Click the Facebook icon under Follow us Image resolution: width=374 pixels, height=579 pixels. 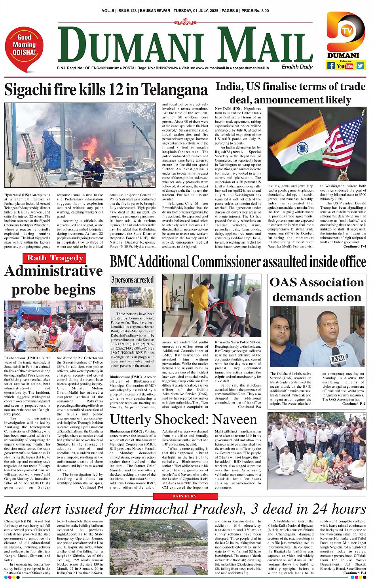click(x=331, y=66)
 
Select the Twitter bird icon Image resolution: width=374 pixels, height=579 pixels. click(x=360, y=66)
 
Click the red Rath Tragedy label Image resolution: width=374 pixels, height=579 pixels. click(x=55, y=258)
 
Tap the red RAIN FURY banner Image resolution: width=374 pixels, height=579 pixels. click(x=184, y=496)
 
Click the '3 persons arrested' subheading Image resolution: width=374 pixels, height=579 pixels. click(x=132, y=280)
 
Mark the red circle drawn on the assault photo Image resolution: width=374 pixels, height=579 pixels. click(x=222, y=318)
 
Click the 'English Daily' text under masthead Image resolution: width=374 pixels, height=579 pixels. click(x=297, y=67)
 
